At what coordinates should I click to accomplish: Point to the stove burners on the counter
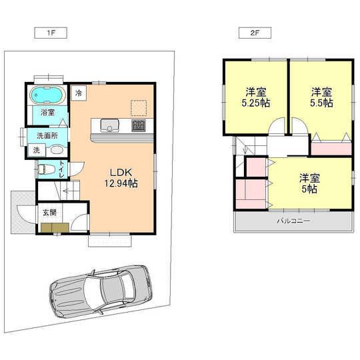[x=139, y=125]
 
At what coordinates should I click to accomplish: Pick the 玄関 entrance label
[x=50, y=213]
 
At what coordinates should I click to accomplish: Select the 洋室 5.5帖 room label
[x=321, y=98]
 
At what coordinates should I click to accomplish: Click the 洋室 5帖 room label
[x=308, y=183]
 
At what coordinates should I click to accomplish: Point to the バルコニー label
[x=293, y=221]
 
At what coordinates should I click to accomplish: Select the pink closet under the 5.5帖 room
[x=331, y=147]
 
